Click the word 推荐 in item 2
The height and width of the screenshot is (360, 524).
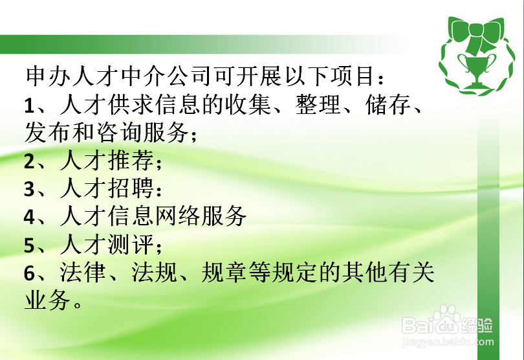(128, 161)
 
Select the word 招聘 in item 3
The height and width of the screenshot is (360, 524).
(128, 188)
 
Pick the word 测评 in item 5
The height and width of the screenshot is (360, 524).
(128, 245)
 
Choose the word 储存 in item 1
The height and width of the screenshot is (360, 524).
(386, 104)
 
